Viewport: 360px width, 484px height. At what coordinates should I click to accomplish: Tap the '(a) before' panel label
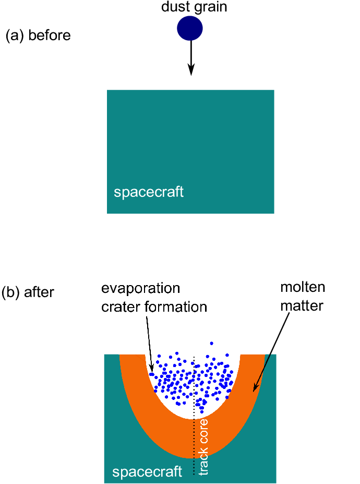[x=38, y=36]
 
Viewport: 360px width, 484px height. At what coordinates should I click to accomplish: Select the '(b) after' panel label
[x=28, y=292]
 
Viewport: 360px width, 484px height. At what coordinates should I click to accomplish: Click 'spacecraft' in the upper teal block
[x=149, y=192]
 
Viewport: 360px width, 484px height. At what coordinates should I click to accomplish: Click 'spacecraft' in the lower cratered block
[x=147, y=472]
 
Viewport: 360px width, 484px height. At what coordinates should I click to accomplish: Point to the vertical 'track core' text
[x=204, y=446]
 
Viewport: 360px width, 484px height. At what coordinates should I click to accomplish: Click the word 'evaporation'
[x=141, y=288]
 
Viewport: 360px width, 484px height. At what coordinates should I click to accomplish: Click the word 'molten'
[x=303, y=287]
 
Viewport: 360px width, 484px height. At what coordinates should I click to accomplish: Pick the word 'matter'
[x=302, y=305]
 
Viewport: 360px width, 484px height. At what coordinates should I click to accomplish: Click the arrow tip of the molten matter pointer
[x=254, y=390]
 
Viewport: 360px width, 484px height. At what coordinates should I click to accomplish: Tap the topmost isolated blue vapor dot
[x=211, y=343]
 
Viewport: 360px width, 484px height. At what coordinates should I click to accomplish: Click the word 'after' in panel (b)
[x=40, y=292]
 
